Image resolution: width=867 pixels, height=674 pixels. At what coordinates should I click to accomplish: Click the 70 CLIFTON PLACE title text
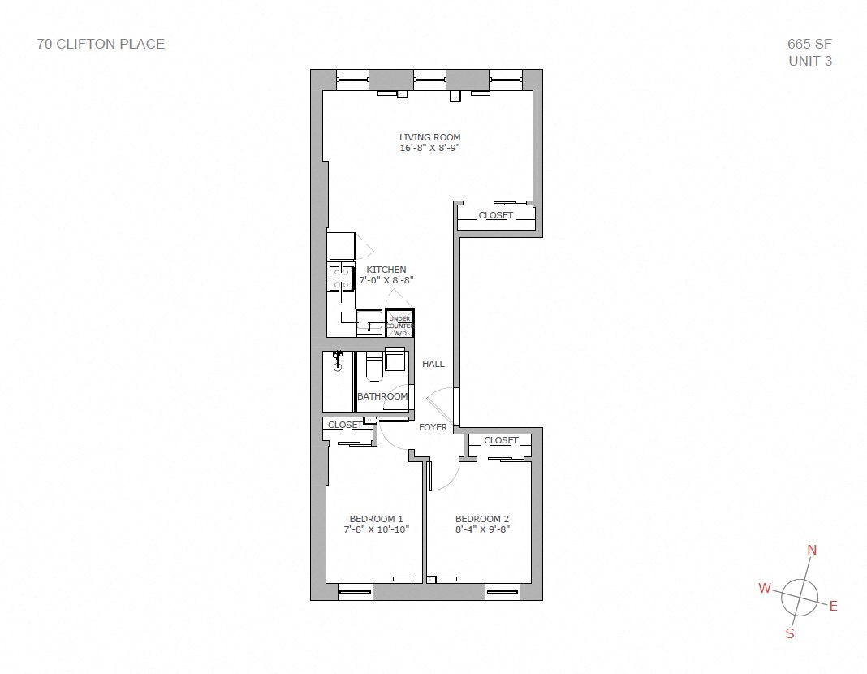(101, 44)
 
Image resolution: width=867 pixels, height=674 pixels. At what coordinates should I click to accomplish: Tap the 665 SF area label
(809, 44)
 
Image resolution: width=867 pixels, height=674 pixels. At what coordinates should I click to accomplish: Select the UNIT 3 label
(809, 61)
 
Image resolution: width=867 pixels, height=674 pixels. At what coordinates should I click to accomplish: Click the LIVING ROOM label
(429, 137)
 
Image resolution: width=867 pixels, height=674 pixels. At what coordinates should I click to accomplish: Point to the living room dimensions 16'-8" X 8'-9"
(429, 149)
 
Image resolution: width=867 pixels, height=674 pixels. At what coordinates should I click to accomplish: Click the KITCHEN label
(386, 270)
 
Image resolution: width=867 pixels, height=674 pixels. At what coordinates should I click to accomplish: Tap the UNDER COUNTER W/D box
(399, 325)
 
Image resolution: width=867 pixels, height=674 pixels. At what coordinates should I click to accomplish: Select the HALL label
(433, 364)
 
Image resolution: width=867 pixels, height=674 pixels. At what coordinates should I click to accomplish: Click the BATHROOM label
(382, 396)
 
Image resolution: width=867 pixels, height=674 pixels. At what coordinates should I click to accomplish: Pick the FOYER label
(433, 427)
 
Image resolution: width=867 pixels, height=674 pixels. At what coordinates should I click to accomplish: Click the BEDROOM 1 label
(376, 519)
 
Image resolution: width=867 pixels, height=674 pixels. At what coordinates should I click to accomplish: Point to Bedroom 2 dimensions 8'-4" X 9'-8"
(482, 530)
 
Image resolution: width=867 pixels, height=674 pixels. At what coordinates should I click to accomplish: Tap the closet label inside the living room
(495, 215)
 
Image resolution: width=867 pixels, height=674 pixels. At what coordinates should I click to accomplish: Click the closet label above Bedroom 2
(501, 440)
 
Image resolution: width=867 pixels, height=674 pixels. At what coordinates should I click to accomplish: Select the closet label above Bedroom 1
(345, 425)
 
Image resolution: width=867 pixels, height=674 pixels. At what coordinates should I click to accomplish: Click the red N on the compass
(812, 551)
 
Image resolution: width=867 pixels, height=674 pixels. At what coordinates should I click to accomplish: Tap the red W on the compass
(764, 589)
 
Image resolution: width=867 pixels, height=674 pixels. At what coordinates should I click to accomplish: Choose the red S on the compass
(790, 634)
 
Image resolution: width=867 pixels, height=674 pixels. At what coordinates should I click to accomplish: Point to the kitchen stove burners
(341, 278)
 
